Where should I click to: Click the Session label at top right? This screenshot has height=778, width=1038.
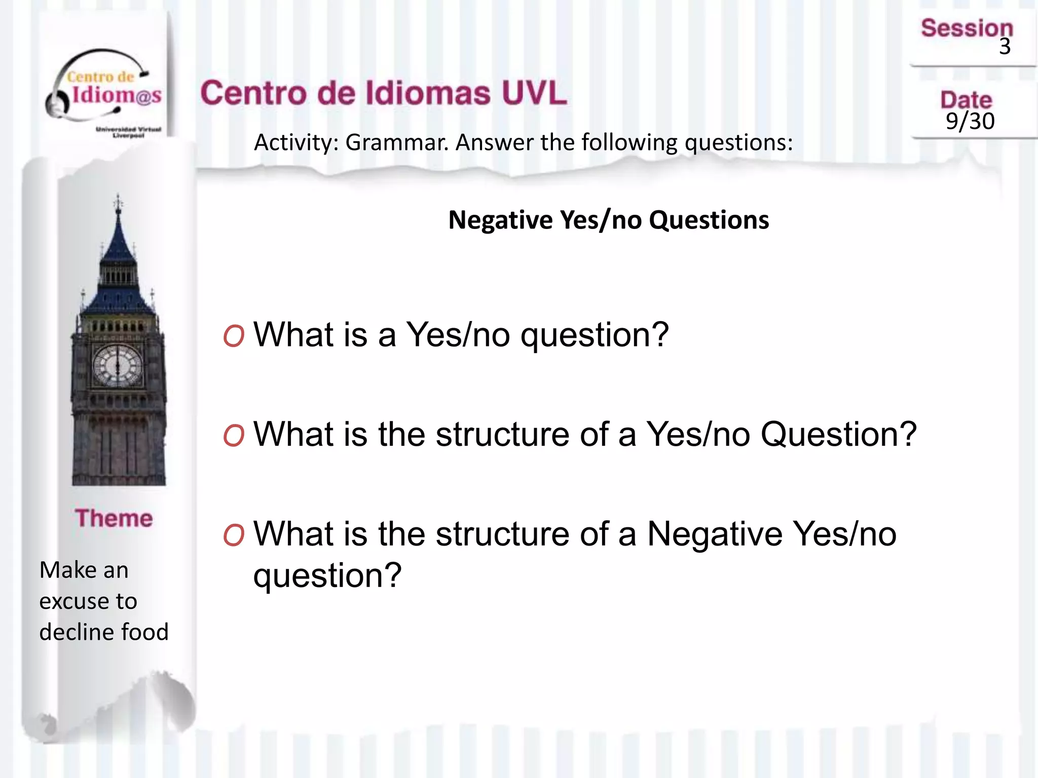pyautogui.click(x=967, y=28)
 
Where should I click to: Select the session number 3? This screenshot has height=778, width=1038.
pyautogui.click(x=1005, y=47)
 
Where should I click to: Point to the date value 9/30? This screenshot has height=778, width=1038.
pyautogui.click(x=970, y=121)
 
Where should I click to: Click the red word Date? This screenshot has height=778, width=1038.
pyautogui.click(x=966, y=100)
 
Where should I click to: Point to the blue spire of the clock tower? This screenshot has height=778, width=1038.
pyautogui.click(x=118, y=243)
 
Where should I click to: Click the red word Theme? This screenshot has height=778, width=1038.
pyautogui.click(x=114, y=518)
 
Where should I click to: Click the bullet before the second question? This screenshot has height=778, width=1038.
pyautogui.click(x=234, y=435)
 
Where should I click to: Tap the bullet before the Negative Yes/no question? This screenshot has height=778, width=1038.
pyautogui.click(x=234, y=535)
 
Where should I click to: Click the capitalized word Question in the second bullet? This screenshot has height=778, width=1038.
pyautogui.click(x=838, y=435)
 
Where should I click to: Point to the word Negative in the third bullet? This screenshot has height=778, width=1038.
pyautogui.click(x=715, y=534)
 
